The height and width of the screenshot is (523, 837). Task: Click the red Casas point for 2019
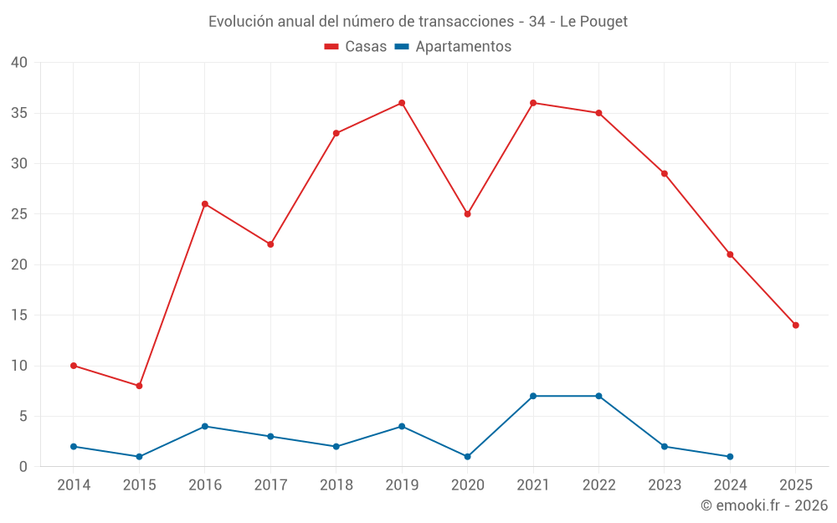[x=402, y=103]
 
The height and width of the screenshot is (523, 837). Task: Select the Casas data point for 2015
[x=139, y=386]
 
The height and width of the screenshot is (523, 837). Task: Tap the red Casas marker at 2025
[x=795, y=326]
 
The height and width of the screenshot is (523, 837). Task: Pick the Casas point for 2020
[x=467, y=214]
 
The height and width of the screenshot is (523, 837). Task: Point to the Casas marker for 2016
[x=205, y=204]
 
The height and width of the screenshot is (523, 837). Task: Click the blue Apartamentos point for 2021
[x=533, y=396]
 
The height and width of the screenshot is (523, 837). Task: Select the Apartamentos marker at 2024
[x=730, y=457]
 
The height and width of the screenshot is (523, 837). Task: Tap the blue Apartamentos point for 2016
[x=205, y=427]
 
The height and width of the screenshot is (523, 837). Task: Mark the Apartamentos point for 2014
[x=74, y=447]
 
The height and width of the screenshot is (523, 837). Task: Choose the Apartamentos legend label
[x=463, y=47]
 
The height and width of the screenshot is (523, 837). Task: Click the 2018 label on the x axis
[x=336, y=485]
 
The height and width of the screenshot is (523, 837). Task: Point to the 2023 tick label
[x=665, y=485]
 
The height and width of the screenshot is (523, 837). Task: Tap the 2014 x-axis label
[x=74, y=485]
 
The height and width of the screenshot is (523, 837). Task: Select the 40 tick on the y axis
[x=19, y=63]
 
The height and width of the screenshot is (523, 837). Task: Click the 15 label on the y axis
[x=19, y=315]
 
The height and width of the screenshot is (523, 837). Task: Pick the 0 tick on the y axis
[x=23, y=467]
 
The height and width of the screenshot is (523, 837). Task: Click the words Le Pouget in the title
[x=593, y=22]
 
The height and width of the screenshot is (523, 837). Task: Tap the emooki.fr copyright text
[x=764, y=505]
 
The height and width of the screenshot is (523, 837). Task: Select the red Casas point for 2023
[x=665, y=174]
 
